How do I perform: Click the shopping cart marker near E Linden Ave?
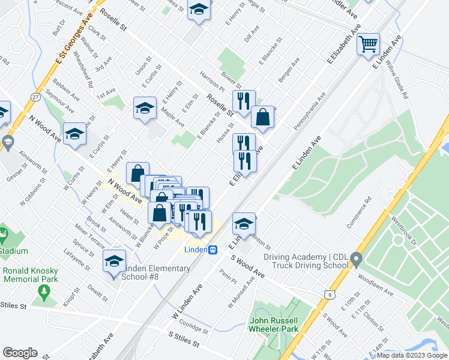point(368,43)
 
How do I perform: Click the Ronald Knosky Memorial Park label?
point(30,274)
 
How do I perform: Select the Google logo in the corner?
point(20,353)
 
